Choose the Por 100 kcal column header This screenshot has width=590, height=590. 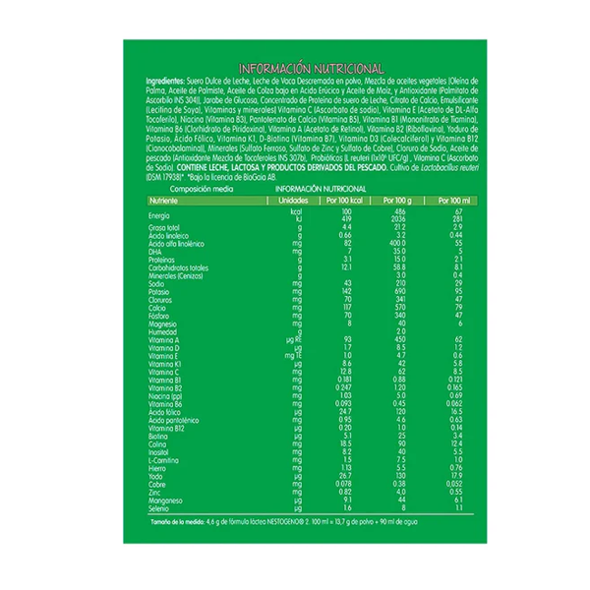344,200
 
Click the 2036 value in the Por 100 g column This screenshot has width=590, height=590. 400,219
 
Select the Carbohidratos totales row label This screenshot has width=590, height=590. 178,266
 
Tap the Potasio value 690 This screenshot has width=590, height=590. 401,290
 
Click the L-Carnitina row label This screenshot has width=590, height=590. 164,458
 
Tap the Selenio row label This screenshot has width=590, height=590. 159,507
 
